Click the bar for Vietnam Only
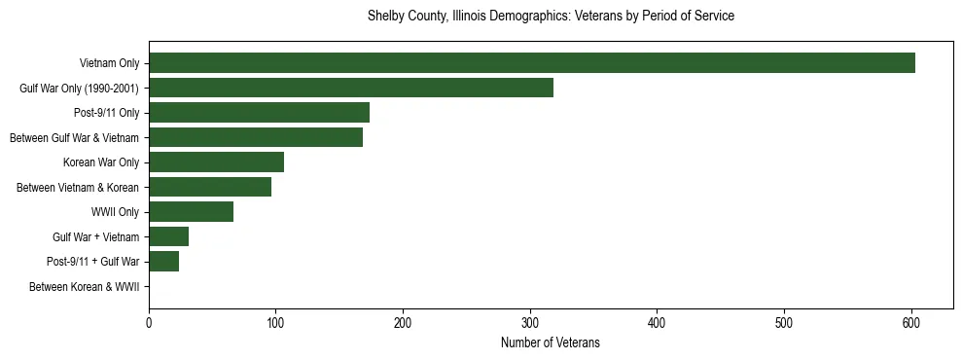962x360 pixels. click(532, 63)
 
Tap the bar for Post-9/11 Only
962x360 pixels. click(259, 113)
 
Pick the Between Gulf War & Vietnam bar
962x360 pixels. click(256, 137)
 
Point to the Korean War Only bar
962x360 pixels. click(216, 162)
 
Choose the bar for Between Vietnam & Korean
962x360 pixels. click(210, 187)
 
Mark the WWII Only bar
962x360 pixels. click(191, 212)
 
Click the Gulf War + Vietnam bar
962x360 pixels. click(168, 236)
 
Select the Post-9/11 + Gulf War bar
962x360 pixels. click(163, 262)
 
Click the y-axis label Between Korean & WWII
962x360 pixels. click(85, 287)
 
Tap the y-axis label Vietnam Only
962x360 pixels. click(109, 64)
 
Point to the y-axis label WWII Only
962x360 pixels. click(115, 212)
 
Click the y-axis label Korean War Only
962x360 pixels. click(101, 162)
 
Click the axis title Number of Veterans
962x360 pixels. click(551, 343)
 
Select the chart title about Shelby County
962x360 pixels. click(551, 17)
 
